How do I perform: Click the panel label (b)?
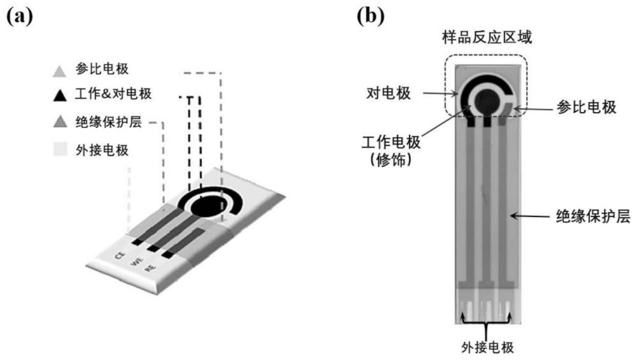click(371, 17)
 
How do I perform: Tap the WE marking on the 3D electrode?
click(135, 261)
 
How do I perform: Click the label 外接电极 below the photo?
click(487, 348)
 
